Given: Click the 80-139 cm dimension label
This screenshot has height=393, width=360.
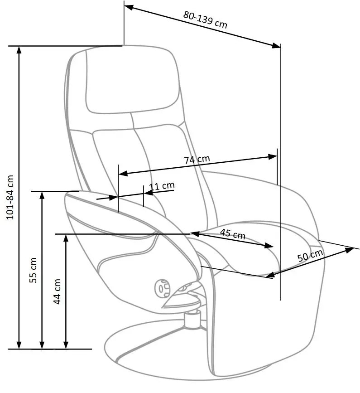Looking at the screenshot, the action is pos(205,19).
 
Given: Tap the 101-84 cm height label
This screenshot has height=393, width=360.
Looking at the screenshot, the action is pos(10,197).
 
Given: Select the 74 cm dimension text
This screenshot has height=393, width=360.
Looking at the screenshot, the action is pos(197,160).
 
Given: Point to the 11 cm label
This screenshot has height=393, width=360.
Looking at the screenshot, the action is pos(162,186).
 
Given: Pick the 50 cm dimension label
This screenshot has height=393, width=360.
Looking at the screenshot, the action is pos(310,255).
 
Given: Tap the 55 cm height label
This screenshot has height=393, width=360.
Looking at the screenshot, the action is pos(33,270).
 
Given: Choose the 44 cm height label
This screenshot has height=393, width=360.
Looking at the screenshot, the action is pos(57,291).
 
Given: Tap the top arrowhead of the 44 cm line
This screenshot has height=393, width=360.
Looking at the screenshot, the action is pos(66,238).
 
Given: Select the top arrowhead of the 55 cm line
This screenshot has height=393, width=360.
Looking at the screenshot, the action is pos(42,195).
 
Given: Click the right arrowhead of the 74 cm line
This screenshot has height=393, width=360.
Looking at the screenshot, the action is pos(273,157).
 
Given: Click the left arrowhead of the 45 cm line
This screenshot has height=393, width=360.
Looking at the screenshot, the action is pos(195,234).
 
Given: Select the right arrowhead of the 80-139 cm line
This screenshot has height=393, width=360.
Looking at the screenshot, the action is pos(276,46).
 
